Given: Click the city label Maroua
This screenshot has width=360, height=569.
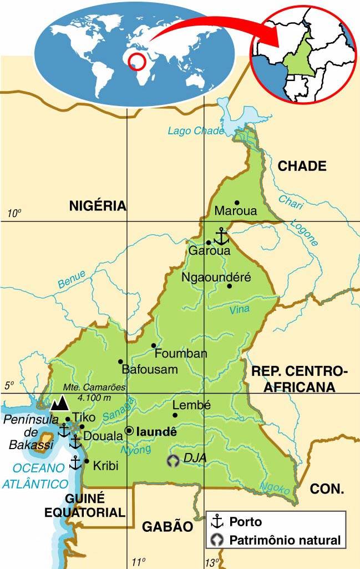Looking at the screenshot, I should tap(236, 212).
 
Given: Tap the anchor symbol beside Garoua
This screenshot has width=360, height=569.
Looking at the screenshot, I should tap(221, 236).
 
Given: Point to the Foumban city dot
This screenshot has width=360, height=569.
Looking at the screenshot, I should tap(154, 346).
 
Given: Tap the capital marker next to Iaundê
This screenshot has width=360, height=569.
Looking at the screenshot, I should tap(129, 430).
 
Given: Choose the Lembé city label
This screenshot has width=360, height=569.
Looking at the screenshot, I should tap(191, 406).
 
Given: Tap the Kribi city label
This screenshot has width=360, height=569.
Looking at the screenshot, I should tap(105, 466).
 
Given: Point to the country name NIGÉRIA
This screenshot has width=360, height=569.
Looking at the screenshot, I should tap(98, 206).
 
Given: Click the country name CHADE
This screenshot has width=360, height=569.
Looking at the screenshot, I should tap(302, 165).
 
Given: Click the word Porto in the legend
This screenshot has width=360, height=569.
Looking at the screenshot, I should tap(245, 522).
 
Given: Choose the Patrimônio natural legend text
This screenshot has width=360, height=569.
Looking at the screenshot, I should tap(285, 540).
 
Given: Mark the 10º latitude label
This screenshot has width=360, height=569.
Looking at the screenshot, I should tap(14, 213).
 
